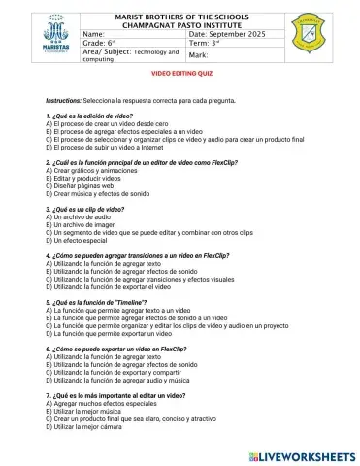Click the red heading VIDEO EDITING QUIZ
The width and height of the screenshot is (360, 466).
179,74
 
